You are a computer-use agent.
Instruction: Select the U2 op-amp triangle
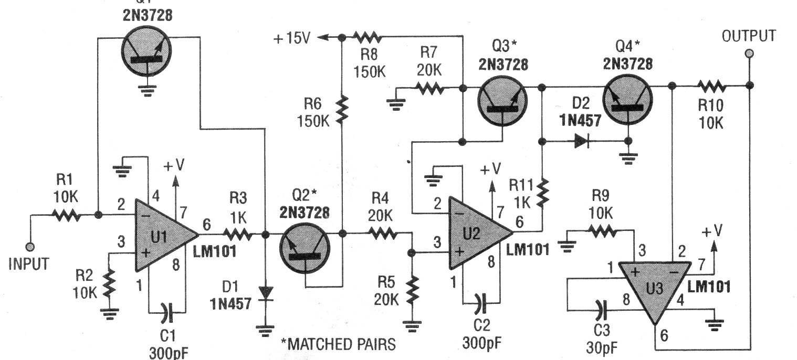476,234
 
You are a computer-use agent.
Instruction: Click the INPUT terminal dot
30,246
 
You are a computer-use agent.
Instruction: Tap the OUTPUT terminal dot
749,53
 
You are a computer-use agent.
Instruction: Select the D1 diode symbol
266,292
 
